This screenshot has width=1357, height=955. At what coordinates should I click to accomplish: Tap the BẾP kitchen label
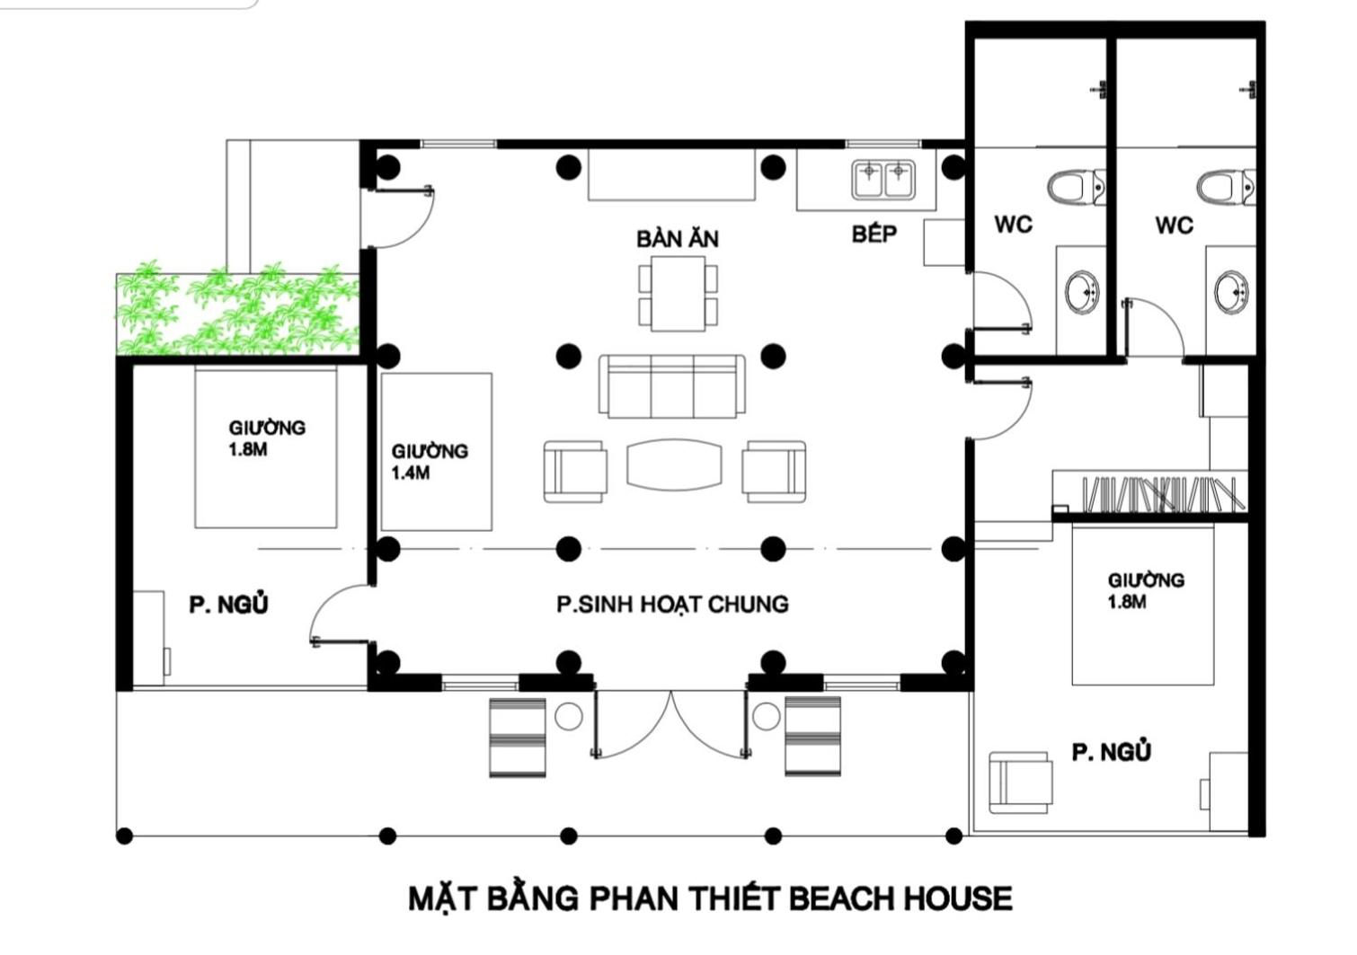pyautogui.click(x=874, y=234)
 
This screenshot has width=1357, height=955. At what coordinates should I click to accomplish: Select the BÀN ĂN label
pyautogui.click(x=678, y=239)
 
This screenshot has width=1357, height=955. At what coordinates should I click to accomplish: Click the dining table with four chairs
pyautogui.click(x=678, y=294)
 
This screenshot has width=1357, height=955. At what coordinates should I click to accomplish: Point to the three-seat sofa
pyautogui.click(x=672, y=385)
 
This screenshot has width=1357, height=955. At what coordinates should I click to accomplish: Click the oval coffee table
pyautogui.click(x=674, y=464)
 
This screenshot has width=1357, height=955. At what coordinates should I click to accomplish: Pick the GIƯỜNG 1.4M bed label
pyautogui.click(x=430, y=462)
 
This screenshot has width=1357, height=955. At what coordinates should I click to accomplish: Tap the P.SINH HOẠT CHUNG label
pyautogui.click(x=672, y=604)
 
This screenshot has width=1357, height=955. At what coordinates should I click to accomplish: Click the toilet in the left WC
pyautogui.click(x=1077, y=187)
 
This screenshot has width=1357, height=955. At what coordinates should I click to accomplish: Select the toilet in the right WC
pyautogui.click(x=1226, y=187)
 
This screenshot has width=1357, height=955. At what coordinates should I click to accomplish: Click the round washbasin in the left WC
pyautogui.click(x=1083, y=292)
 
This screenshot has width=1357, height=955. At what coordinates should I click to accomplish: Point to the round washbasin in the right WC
pyautogui.click(x=1231, y=292)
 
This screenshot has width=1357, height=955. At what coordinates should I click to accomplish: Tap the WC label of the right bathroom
pyautogui.click(x=1174, y=225)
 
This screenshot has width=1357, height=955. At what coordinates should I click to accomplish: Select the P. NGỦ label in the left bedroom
pyautogui.click(x=228, y=605)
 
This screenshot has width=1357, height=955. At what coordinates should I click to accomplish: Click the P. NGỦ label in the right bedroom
pyautogui.click(x=1112, y=752)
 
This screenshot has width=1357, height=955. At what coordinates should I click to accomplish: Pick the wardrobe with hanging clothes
pyautogui.click(x=1149, y=494)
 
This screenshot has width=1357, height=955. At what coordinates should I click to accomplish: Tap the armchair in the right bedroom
pyautogui.click(x=1021, y=783)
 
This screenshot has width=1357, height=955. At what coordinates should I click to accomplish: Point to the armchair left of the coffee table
pyautogui.click(x=575, y=472)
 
